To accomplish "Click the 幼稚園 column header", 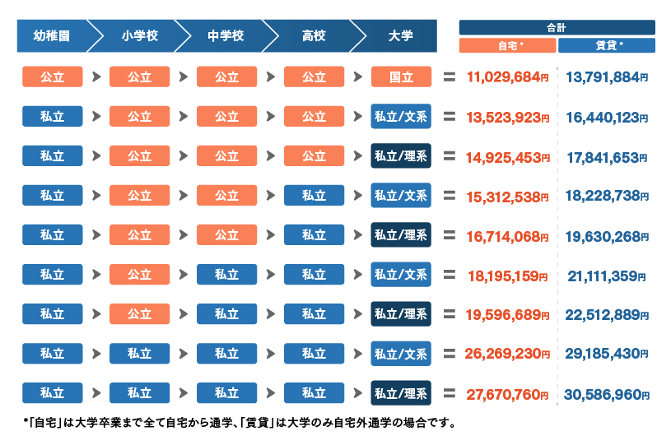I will [51, 37].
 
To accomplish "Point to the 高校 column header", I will [314, 37].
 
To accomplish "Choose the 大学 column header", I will [401, 37].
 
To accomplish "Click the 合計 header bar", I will [557, 27].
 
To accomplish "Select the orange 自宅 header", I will [507, 46].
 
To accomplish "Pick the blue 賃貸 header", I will [607, 46].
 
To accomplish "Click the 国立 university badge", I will [401, 77].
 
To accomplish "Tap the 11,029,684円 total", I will [507, 77].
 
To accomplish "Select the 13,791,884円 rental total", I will [607, 77].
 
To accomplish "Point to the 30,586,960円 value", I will [607, 394].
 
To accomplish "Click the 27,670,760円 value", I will [507, 394].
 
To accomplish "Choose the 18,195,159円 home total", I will [507, 276].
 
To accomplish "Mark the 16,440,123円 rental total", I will [607, 117].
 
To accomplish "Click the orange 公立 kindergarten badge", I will [52, 77].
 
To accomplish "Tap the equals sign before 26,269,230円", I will [450, 354].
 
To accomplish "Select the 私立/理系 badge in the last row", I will [401, 393].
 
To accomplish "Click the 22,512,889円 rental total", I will [607, 315].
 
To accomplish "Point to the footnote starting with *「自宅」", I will [240, 424].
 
